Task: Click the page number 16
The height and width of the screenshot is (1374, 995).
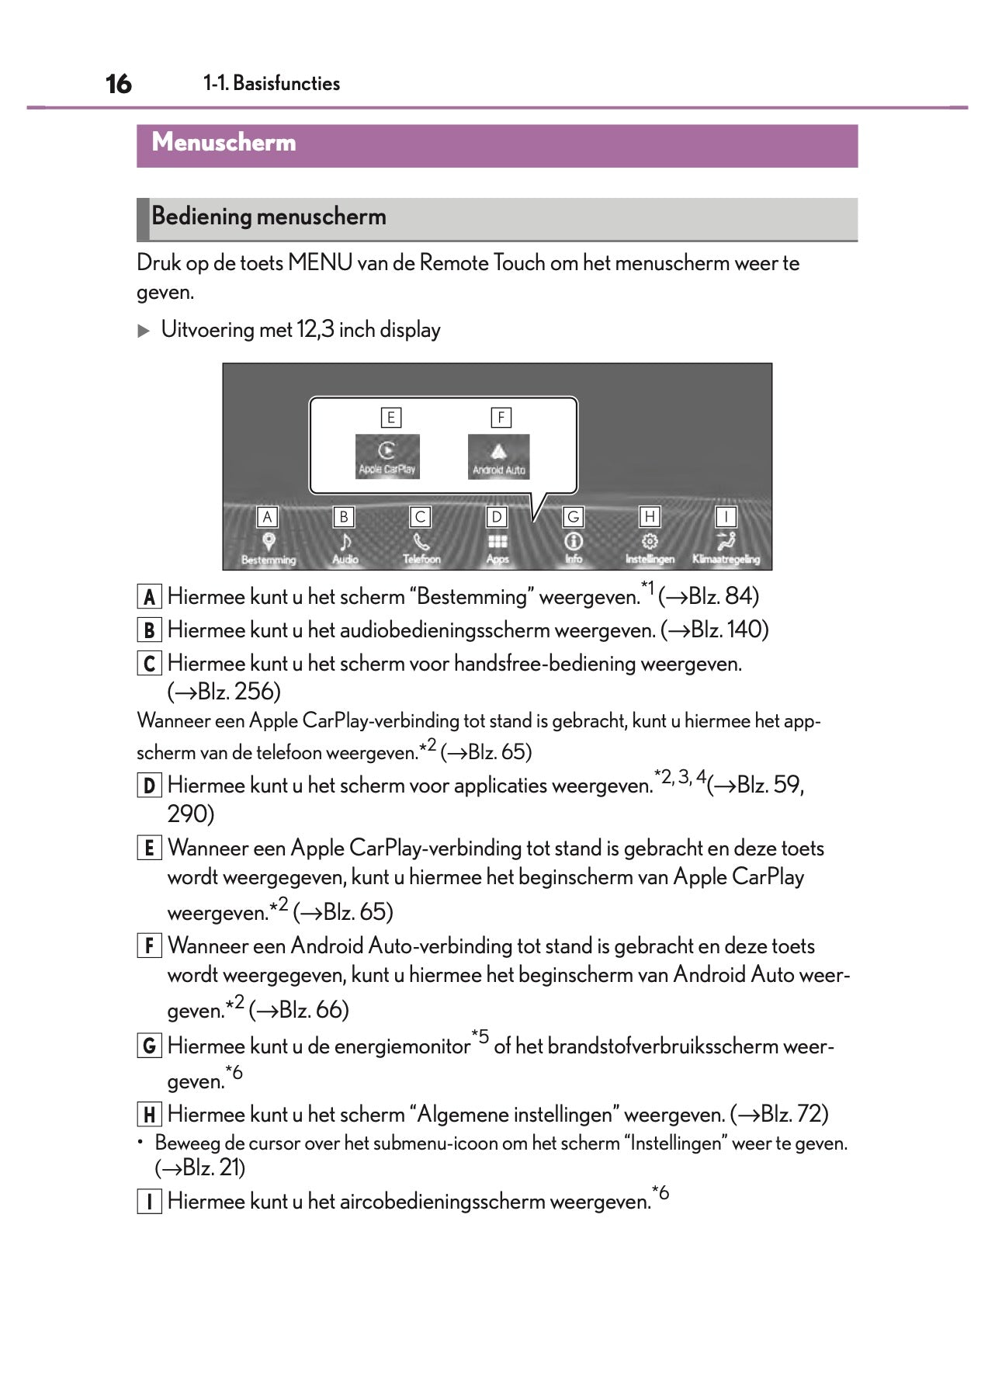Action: (x=118, y=84)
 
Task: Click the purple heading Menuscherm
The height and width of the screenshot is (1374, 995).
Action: (x=224, y=143)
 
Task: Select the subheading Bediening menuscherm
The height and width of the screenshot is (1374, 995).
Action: (x=269, y=217)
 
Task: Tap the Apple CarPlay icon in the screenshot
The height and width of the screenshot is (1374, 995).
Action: (x=387, y=456)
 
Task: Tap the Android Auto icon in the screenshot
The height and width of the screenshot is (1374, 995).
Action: (x=498, y=456)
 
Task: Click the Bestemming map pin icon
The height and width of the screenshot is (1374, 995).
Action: (x=269, y=542)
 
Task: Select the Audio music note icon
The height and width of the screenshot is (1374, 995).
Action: (x=345, y=542)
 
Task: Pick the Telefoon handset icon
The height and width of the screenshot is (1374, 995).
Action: (x=421, y=542)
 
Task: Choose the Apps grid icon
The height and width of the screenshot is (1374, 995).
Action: (x=497, y=542)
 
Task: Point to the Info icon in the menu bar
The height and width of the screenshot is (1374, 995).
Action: (x=574, y=542)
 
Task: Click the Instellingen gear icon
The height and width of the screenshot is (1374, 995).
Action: (x=650, y=542)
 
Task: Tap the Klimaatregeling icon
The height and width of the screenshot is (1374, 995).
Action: (x=726, y=542)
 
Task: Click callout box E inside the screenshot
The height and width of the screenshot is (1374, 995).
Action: (x=390, y=418)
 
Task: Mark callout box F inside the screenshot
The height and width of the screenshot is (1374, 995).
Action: (x=501, y=418)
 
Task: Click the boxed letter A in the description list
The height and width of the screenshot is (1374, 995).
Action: (x=149, y=597)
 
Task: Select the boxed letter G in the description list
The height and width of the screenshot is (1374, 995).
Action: (x=149, y=1046)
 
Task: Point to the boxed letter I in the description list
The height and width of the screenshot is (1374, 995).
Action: (x=149, y=1202)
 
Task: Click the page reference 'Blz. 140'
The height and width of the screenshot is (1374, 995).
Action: (x=726, y=630)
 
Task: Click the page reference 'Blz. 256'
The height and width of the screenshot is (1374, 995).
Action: (x=234, y=692)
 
